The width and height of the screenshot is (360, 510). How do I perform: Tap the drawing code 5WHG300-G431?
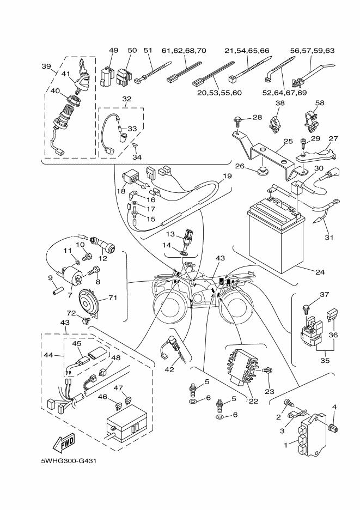68,462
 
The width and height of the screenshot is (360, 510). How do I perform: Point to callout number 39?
46,66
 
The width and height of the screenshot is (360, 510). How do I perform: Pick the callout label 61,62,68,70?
184,51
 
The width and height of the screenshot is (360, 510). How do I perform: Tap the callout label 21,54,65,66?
247,51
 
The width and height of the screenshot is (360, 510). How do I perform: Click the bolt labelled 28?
239,119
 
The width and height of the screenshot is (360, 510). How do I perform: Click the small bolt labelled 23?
267,371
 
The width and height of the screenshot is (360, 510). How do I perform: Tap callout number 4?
334,406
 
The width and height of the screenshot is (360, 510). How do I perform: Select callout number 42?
169,370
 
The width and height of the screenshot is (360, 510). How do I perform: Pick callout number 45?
77,344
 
